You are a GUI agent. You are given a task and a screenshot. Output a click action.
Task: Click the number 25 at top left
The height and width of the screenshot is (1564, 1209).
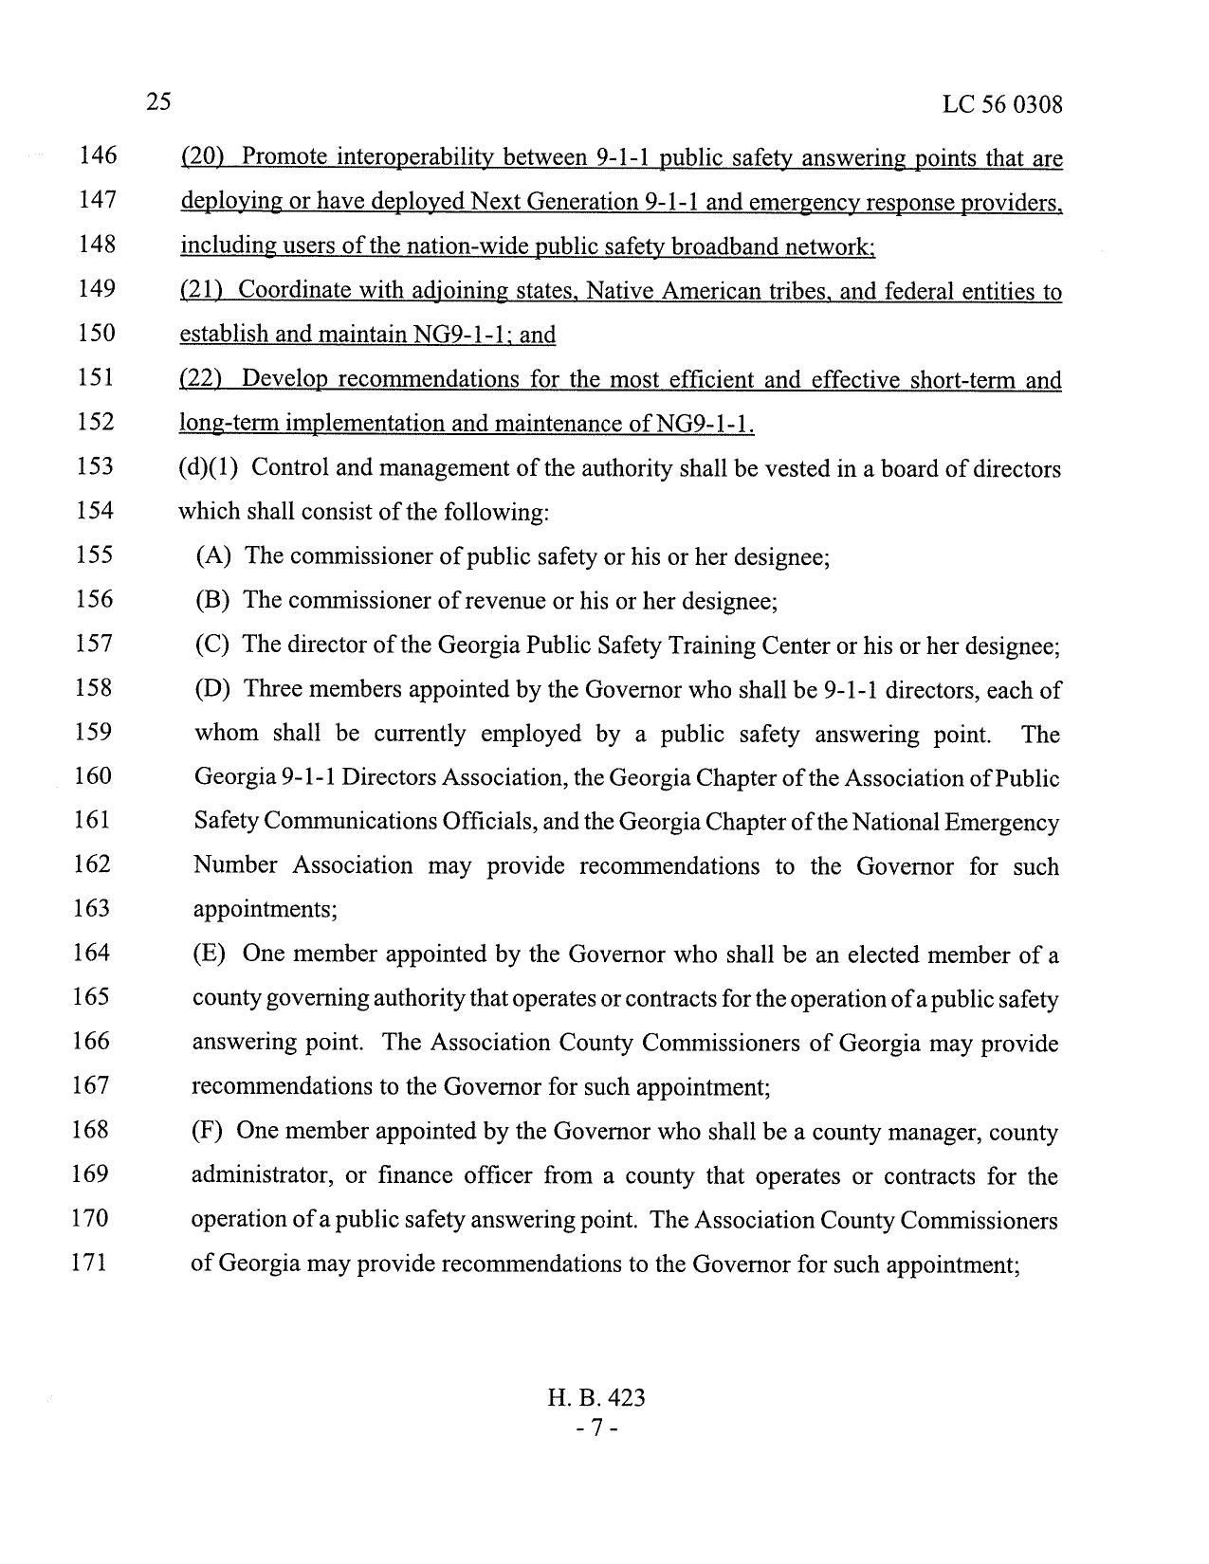(158, 101)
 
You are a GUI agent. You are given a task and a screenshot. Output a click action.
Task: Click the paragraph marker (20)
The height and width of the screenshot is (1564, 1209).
(200, 156)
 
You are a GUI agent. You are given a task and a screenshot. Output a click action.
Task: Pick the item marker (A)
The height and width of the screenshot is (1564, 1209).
(213, 556)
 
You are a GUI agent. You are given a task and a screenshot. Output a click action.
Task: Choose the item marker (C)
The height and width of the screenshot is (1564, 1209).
(212, 646)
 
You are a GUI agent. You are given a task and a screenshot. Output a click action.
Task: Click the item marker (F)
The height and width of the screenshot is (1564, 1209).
(208, 1131)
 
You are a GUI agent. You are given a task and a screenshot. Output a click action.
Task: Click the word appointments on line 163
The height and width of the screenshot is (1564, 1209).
(262, 910)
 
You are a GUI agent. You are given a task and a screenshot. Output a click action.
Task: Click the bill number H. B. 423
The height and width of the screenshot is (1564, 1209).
(596, 1397)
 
